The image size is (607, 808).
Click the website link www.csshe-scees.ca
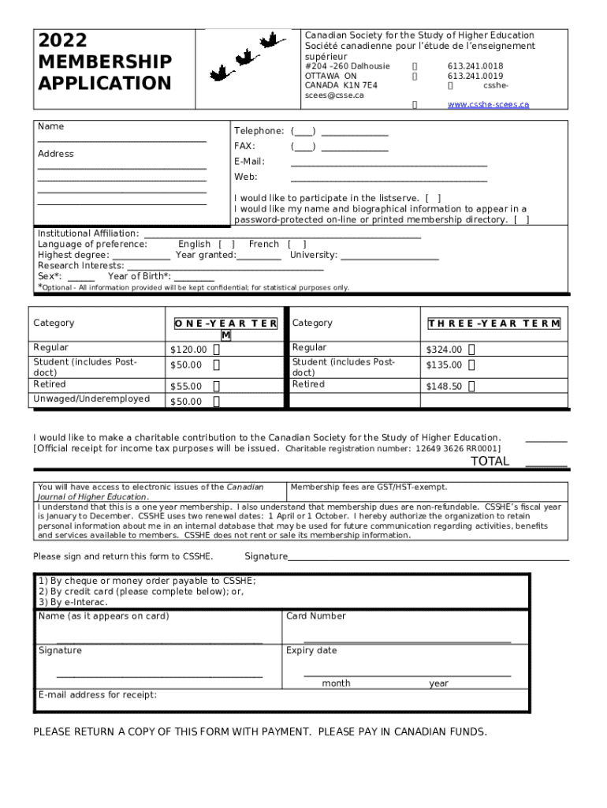point(488,105)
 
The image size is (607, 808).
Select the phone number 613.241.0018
point(475,66)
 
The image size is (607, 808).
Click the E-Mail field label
point(250,162)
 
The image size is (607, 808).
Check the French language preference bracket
point(296,245)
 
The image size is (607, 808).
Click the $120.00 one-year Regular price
point(188,350)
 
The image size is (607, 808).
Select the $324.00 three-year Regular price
point(444,350)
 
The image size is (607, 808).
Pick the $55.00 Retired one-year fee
point(186,387)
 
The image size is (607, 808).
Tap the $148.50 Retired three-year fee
point(444,387)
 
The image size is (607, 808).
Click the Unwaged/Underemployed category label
point(91,399)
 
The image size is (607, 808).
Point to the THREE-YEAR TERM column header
point(493,324)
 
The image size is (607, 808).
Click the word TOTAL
point(490,462)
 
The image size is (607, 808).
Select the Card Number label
point(316,616)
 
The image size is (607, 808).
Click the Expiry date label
point(311,651)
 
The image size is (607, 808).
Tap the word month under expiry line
point(336,683)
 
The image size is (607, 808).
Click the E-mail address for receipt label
point(98,695)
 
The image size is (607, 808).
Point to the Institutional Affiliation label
point(88,234)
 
